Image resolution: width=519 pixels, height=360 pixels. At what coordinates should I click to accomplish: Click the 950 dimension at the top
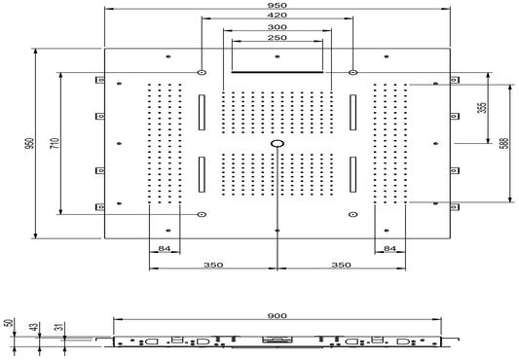[x=278, y=6]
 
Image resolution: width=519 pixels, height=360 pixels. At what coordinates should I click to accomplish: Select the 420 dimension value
[x=278, y=17]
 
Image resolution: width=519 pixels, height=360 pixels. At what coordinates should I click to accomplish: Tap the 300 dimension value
[x=278, y=28]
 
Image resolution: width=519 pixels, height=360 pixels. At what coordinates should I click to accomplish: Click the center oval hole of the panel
[x=278, y=144]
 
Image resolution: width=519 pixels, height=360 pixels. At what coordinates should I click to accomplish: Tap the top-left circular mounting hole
[x=201, y=74]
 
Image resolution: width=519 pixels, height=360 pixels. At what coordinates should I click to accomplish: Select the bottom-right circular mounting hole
[x=353, y=213]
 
